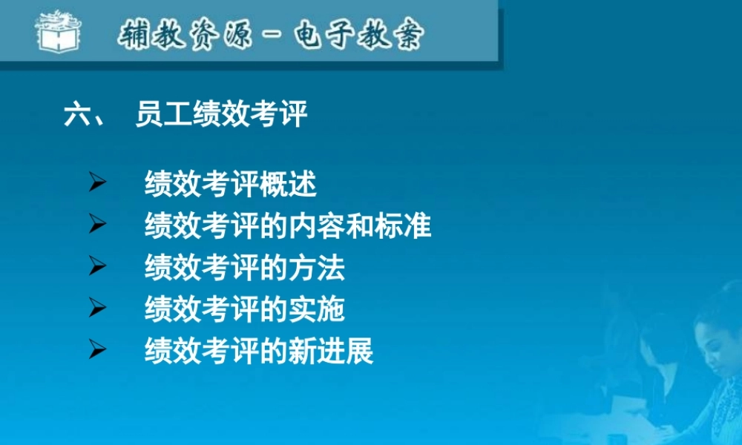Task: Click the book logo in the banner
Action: click(57, 32)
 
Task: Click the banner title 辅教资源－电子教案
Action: click(272, 34)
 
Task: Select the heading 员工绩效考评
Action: click(221, 115)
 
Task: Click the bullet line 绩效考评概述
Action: click(231, 185)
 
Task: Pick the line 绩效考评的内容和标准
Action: click(288, 225)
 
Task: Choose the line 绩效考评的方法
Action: click(245, 267)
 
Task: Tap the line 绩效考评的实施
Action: click(245, 309)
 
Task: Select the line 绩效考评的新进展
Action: click(259, 351)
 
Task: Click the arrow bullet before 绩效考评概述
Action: click(97, 182)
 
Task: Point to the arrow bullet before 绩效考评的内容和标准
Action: click(97, 224)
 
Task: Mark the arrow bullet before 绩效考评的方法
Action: click(97, 266)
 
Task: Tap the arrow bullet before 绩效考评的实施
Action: click(97, 307)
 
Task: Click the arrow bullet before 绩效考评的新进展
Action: click(97, 349)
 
